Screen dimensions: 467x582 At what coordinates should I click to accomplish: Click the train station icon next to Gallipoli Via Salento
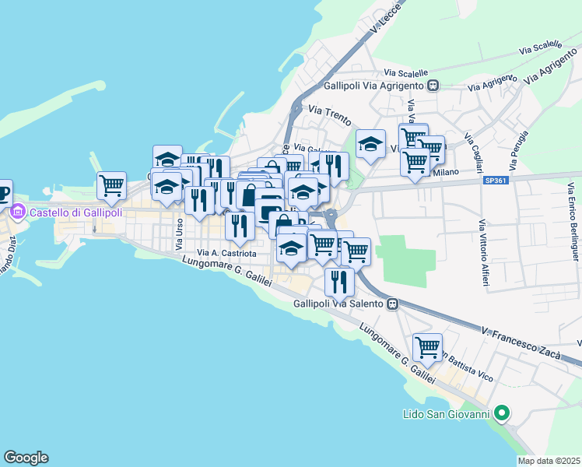(393, 304)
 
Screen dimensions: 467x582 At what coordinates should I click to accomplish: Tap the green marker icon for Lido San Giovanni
(503, 413)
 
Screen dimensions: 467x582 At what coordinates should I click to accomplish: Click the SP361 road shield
(493, 181)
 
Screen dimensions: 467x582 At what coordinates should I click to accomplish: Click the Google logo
(26, 458)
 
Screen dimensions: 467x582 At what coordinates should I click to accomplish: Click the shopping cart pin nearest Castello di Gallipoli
(111, 185)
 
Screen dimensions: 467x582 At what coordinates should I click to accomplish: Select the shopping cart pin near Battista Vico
(427, 347)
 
